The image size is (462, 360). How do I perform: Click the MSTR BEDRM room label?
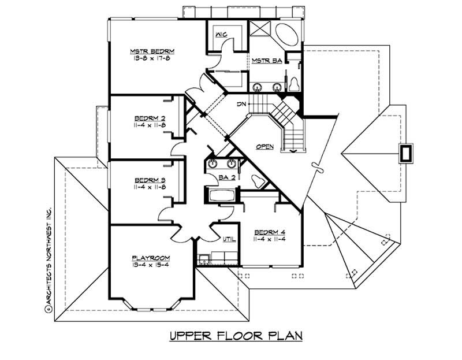(x=152, y=51)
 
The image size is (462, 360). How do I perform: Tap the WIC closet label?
(x=221, y=35)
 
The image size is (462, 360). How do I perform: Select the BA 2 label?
(x=226, y=177)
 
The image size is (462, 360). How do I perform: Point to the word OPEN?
(x=265, y=146)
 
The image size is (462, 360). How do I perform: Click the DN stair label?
(x=242, y=105)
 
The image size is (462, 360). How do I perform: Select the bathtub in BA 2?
(x=219, y=195)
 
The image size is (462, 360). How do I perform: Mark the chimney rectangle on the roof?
(x=406, y=154)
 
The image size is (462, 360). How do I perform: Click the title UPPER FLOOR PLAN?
(x=236, y=336)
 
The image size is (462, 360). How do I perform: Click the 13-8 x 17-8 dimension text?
(x=152, y=58)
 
